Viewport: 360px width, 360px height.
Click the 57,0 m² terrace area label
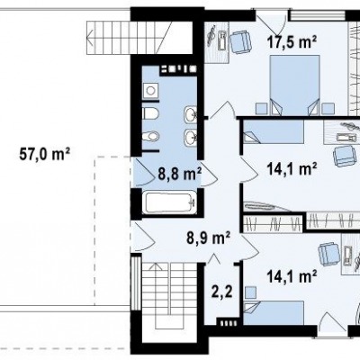[45, 154]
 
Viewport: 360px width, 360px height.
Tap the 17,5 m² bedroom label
[292, 41]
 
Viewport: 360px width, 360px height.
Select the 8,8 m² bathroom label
[179, 175]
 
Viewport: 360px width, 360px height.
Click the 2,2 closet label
[222, 292]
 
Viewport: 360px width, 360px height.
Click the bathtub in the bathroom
[169, 202]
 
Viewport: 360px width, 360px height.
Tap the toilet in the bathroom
[150, 113]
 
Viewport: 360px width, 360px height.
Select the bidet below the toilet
[150, 137]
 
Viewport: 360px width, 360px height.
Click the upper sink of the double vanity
[190, 114]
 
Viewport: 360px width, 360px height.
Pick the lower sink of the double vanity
[190, 138]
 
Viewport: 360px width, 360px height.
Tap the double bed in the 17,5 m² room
[294, 85]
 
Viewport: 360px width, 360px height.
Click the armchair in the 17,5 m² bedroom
[240, 42]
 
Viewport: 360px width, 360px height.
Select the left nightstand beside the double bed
[261, 108]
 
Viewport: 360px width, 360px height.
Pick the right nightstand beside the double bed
[328, 108]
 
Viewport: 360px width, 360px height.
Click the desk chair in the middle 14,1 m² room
[344, 156]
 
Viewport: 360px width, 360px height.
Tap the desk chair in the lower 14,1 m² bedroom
[329, 255]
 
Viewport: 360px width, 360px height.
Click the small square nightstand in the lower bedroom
[251, 292]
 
